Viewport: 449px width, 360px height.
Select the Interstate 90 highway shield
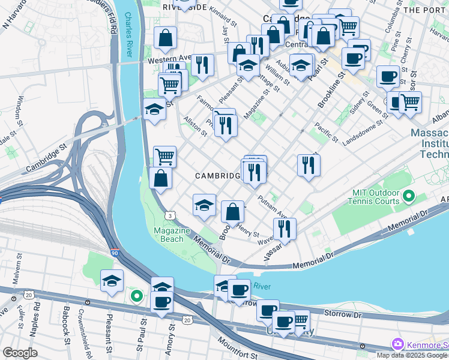pos(115,254)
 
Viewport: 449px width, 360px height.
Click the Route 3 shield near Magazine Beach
pos(172,215)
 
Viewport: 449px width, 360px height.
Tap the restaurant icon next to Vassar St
pos(284,228)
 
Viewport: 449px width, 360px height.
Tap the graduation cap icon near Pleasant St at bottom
pos(112,280)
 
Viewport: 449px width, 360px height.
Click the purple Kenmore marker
pos(397,344)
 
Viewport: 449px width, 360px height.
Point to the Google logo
pos(19,353)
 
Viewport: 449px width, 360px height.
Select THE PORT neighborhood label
pos(426,10)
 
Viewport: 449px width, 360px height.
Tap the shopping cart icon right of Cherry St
pos(411,101)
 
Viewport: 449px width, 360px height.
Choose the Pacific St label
pos(326,134)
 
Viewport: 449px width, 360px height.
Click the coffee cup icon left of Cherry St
pos(388,76)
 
